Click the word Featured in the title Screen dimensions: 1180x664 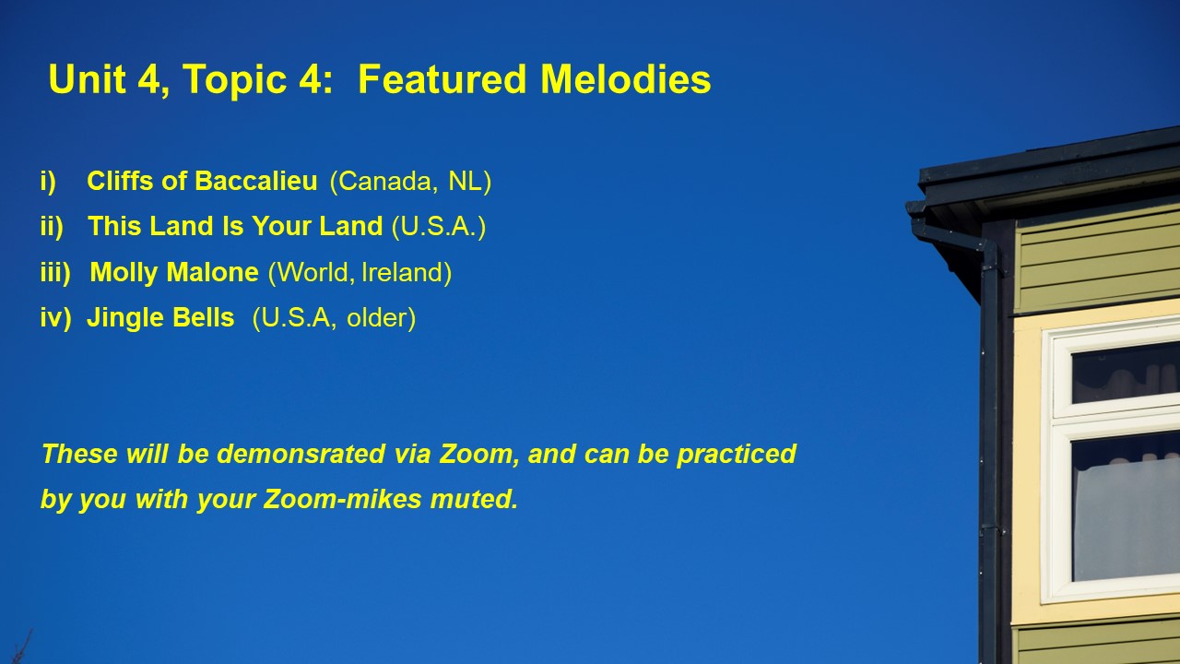[x=442, y=79]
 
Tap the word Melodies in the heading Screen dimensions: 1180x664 [x=626, y=79]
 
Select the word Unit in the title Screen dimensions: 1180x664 [x=88, y=79]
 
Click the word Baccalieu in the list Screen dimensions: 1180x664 [x=256, y=181]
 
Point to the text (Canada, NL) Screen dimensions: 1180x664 [x=410, y=182]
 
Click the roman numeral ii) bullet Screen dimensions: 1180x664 [x=52, y=227]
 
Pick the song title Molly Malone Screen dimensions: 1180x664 [x=174, y=272]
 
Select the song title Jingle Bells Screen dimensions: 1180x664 [x=160, y=318]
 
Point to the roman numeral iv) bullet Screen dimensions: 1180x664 [x=55, y=318]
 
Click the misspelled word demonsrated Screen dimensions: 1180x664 [x=301, y=454]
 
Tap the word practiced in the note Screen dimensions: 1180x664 [x=737, y=455]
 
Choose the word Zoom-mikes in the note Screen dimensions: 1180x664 [x=342, y=499]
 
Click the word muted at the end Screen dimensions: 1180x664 [x=474, y=499]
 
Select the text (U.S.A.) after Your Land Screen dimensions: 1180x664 [x=438, y=227]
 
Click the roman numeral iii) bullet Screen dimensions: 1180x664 [x=55, y=272]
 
